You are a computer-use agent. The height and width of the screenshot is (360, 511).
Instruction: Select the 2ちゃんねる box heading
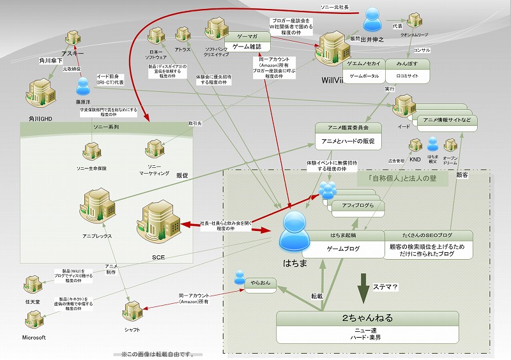click(x=367, y=317)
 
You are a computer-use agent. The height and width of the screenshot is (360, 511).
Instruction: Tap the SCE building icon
click(x=155, y=221)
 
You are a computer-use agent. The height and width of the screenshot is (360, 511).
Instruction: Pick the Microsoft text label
click(x=34, y=337)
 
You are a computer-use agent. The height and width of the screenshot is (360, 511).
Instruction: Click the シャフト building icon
click(x=132, y=310)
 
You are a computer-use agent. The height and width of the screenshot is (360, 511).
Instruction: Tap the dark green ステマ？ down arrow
click(x=363, y=287)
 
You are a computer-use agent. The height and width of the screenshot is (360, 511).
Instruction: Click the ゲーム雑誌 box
click(x=248, y=47)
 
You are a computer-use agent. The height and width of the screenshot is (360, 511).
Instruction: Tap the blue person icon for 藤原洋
click(x=82, y=86)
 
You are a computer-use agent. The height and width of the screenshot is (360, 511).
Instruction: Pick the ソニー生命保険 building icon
click(x=90, y=152)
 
